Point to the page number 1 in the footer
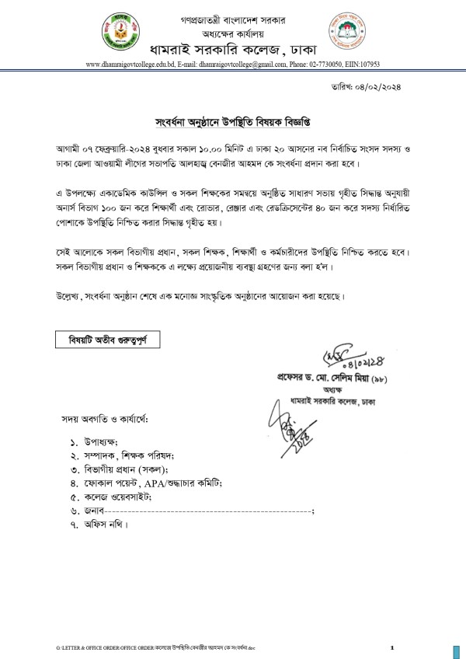392,647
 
